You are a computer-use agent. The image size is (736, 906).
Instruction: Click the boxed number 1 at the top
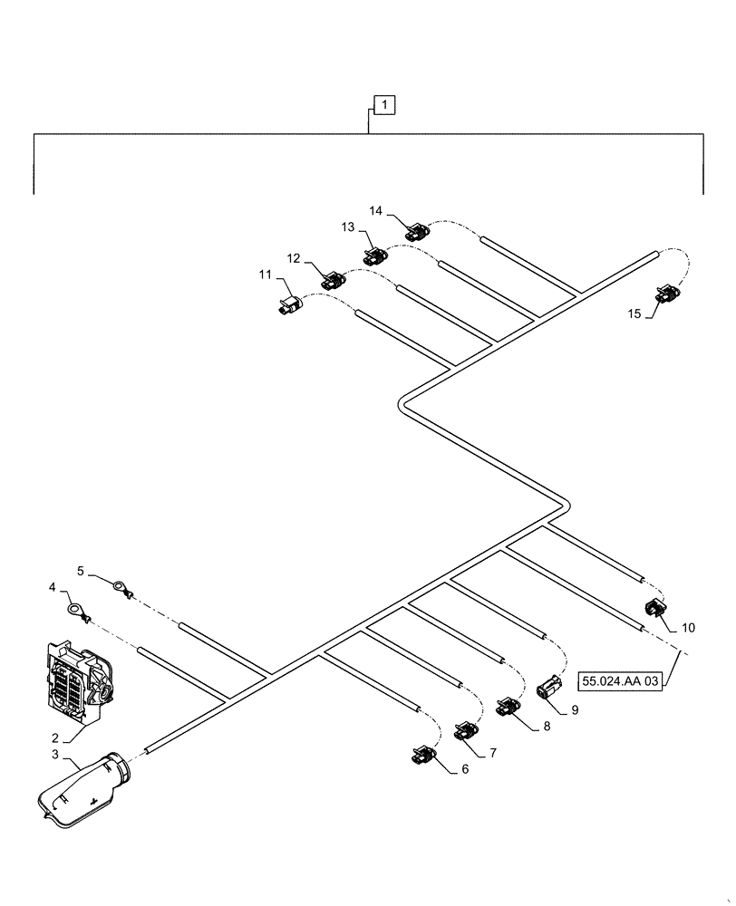pos(384,107)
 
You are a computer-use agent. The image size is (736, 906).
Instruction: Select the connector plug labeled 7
pos(465,730)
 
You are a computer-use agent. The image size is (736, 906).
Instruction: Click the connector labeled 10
pos(654,612)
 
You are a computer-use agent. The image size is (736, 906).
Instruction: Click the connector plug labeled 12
pos(332,280)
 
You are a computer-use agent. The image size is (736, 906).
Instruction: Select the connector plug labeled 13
pos(374,256)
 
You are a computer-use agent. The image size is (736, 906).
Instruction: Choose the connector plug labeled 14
pos(417,232)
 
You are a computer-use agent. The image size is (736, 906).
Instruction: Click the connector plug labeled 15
pos(666,294)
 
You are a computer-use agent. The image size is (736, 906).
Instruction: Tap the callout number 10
pos(689,627)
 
